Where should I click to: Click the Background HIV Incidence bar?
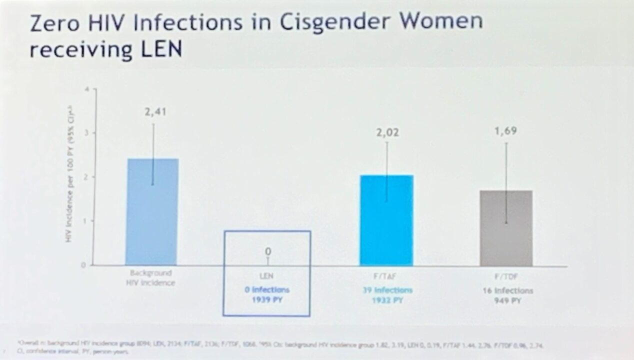[x=152, y=212]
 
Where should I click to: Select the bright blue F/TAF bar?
[x=386, y=220]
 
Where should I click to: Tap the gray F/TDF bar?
[x=505, y=228]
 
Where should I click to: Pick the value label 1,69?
[x=505, y=131]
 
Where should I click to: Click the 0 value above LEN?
[x=267, y=251]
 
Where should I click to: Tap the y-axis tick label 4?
[x=86, y=89]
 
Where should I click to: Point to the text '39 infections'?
[x=387, y=290]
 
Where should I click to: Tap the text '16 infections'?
[x=507, y=290]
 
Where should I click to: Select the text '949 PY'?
[x=507, y=299]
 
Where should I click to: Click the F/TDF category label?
[x=507, y=276]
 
